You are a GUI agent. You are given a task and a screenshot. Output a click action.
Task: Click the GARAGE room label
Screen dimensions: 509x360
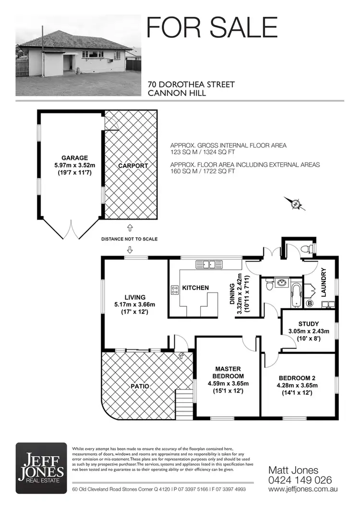point(74,158)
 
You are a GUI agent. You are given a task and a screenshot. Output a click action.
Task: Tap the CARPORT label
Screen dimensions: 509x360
point(133,166)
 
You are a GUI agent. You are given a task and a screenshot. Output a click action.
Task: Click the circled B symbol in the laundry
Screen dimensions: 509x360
point(309,303)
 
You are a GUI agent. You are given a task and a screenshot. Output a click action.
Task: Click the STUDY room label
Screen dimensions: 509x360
point(308,324)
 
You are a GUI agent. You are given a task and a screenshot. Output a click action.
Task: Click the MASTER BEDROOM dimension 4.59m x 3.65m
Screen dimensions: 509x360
point(228,384)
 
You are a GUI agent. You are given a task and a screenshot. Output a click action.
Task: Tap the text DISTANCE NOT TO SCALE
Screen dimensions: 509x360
point(129,239)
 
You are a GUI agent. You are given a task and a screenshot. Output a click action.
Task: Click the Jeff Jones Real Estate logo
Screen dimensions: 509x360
point(41,465)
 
